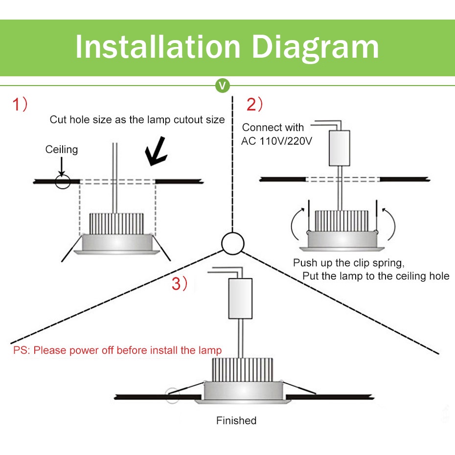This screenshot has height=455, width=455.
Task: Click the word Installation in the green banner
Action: tap(158, 46)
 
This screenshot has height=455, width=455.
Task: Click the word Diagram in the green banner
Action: tap(315, 48)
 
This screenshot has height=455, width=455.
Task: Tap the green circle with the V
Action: tap(223, 86)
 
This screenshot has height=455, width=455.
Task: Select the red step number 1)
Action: tap(20, 104)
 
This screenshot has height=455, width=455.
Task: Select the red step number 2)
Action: tap(254, 104)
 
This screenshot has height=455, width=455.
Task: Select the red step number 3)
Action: tap(180, 283)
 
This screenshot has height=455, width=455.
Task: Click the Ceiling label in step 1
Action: tap(62, 149)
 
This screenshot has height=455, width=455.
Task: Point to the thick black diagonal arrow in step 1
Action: tap(156, 151)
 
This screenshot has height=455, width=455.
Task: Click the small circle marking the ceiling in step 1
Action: tap(63, 182)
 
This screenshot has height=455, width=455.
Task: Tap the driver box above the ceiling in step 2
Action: tap(339, 148)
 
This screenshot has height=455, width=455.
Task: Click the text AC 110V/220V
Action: tap(276, 141)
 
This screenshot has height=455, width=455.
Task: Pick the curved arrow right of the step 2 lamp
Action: tap(389, 224)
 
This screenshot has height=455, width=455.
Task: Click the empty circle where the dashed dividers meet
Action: tap(233, 244)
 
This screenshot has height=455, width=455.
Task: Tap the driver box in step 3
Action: tap(240, 298)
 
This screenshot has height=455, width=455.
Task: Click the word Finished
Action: tap(236, 420)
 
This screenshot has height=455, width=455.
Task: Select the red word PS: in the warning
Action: tap(22, 350)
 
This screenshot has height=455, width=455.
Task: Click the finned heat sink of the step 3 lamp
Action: tap(242, 370)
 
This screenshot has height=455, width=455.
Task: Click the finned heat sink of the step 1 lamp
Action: tap(116, 224)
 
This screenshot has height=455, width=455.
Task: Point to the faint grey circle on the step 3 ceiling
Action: tap(172, 395)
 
